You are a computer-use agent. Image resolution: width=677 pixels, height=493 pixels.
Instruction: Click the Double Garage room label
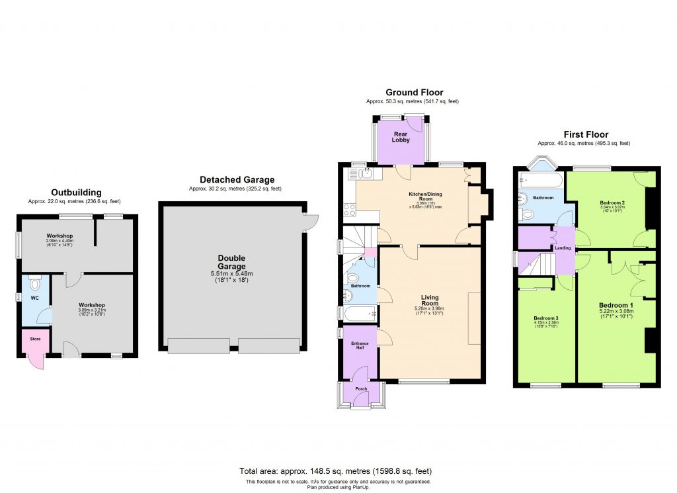[x=232, y=262]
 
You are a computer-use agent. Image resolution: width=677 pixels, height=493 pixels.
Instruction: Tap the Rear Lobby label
[x=401, y=136]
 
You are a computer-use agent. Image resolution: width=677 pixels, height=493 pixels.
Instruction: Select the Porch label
[x=361, y=388]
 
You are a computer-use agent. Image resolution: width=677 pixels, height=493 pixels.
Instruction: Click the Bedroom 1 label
[x=616, y=306]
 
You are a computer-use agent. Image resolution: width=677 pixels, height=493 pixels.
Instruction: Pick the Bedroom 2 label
[x=612, y=202]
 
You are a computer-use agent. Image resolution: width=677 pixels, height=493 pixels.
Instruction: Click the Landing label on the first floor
[x=563, y=248]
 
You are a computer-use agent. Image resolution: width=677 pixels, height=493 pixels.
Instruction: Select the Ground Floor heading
[x=414, y=93]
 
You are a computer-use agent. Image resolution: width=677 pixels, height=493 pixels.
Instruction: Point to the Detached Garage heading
[x=237, y=180]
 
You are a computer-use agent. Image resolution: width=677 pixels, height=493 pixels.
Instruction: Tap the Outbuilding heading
[x=77, y=193]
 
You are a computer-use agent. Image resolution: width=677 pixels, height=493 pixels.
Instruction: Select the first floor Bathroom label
[x=543, y=198]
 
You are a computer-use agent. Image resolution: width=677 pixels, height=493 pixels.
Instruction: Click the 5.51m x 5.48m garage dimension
[x=232, y=273]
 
